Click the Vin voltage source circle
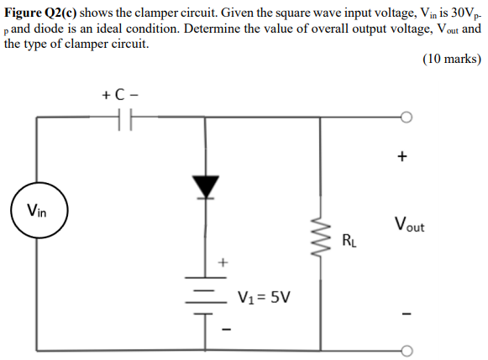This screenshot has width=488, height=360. click(36, 210)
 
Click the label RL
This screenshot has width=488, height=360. click(349, 244)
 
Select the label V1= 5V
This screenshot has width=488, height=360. click(265, 296)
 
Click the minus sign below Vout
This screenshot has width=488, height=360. click(405, 315)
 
